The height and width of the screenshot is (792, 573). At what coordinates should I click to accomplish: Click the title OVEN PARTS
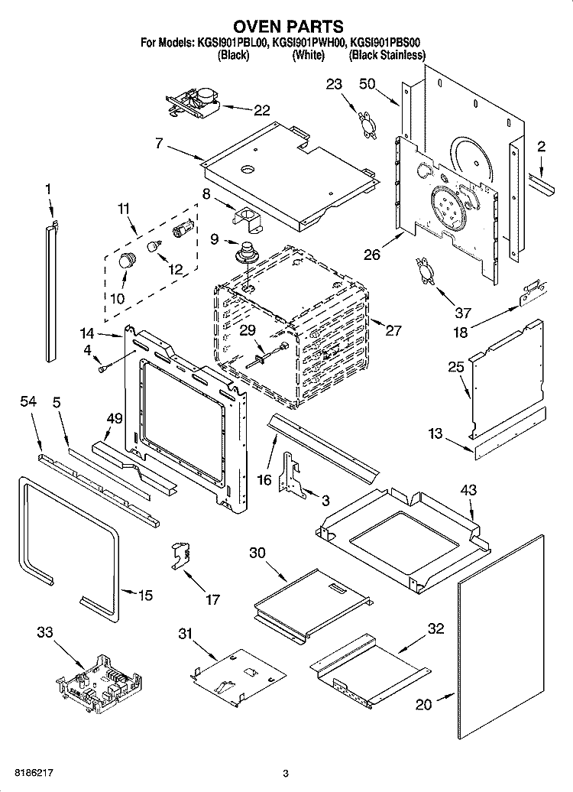[x=286, y=28]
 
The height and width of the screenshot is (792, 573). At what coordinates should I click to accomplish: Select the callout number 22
[x=261, y=111]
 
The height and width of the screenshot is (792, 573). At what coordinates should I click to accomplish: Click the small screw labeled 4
[x=102, y=369]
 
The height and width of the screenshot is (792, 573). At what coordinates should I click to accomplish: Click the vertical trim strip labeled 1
[x=50, y=291]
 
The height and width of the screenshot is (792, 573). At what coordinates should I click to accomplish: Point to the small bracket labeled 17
[x=179, y=554]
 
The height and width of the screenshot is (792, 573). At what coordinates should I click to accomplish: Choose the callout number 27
[x=393, y=330]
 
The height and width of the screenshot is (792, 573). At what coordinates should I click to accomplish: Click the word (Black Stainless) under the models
[x=387, y=56]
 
